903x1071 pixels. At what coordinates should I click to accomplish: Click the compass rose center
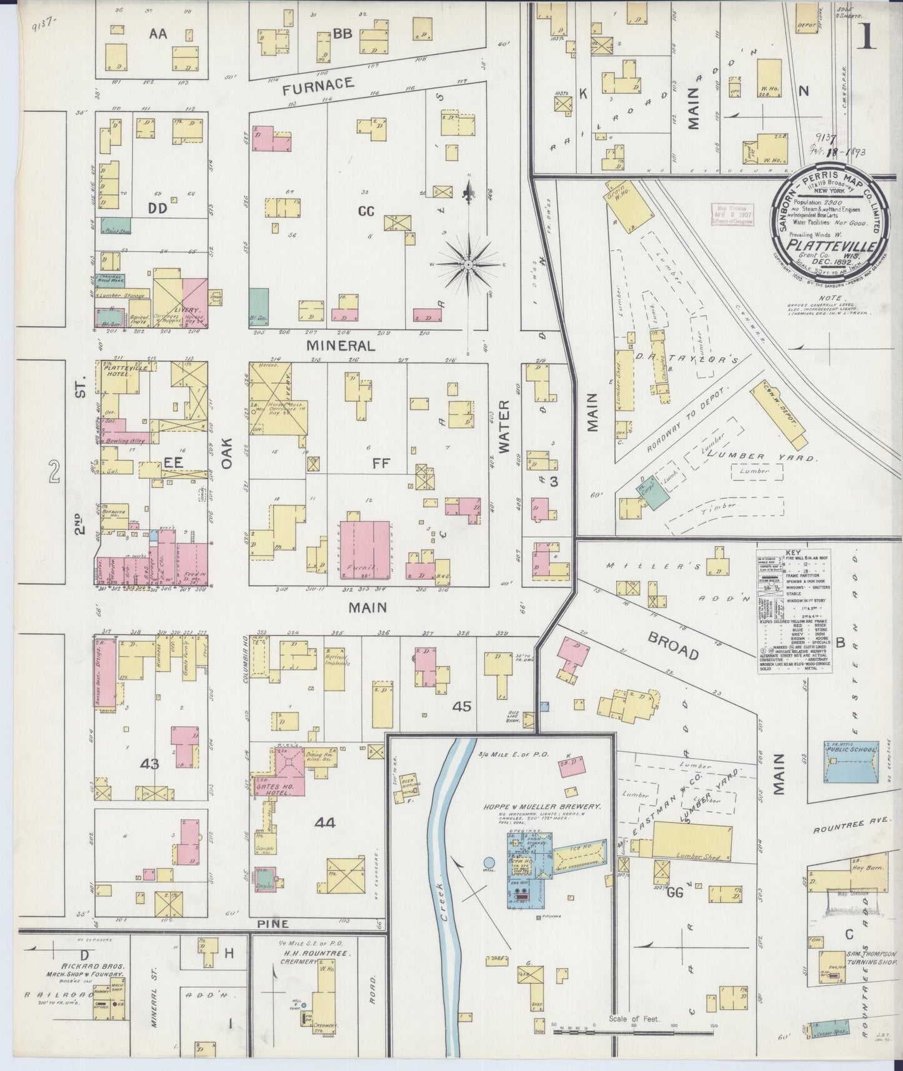[467, 265]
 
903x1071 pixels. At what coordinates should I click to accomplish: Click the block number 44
[325, 823]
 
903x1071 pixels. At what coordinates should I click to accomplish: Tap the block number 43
[150, 763]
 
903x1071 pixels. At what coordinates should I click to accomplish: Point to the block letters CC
[366, 212]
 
